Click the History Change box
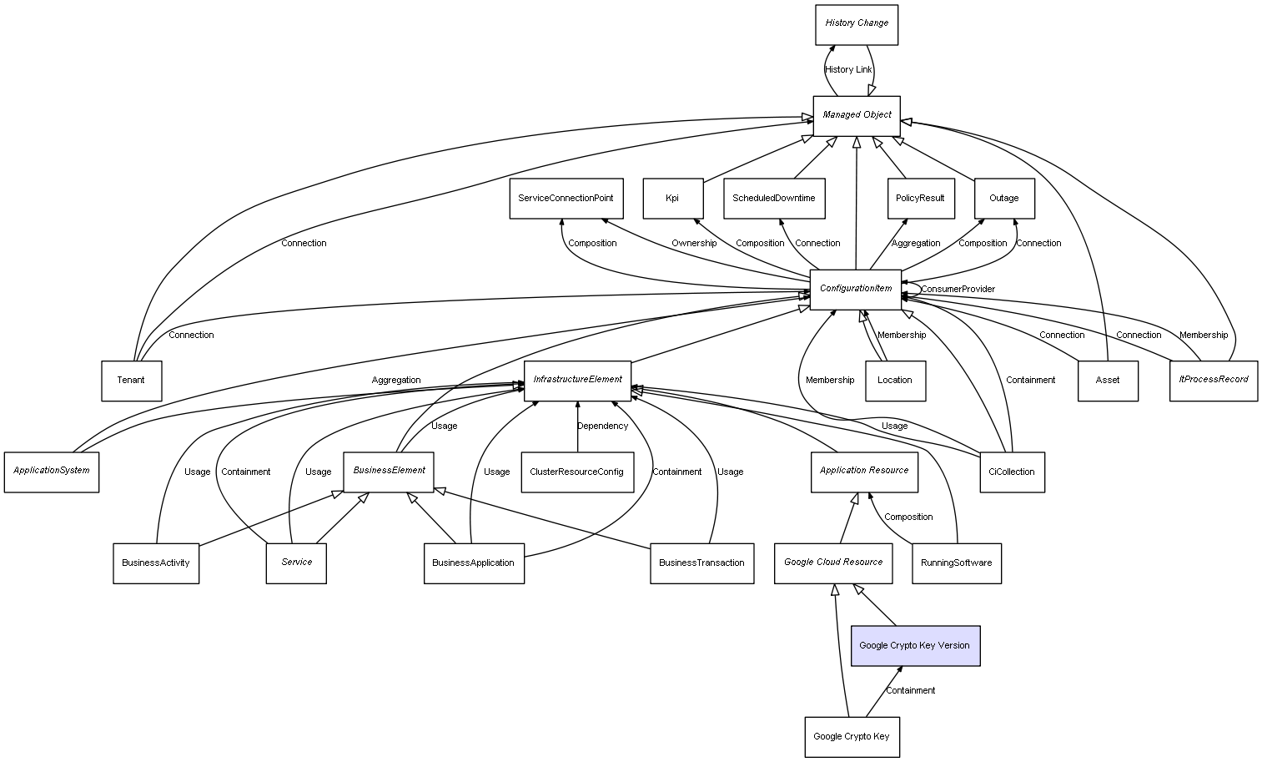(857, 24)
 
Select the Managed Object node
(857, 115)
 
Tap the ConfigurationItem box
(856, 289)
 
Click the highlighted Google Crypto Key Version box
(915, 645)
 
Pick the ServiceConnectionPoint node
(566, 199)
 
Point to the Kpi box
(672, 199)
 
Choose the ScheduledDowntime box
(774, 199)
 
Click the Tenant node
(131, 381)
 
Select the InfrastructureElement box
(577, 380)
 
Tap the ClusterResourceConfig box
(576, 472)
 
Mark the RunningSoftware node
(956, 563)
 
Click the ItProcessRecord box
(1213, 380)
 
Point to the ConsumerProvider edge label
(958, 289)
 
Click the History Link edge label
(848, 69)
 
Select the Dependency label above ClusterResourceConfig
(602, 426)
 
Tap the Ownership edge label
(694, 243)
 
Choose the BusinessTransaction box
(701, 563)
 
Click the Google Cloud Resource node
(833, 563)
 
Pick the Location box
(895, 381)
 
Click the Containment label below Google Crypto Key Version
(910, 690)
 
